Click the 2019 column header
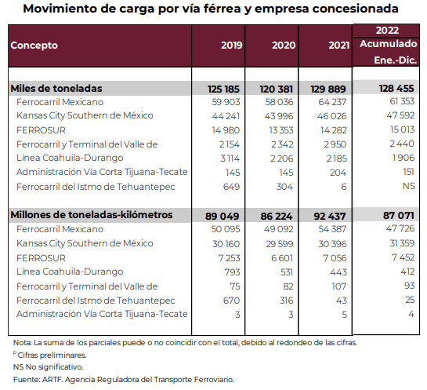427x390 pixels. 231,46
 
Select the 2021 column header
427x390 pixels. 338,46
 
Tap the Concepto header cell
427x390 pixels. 34,46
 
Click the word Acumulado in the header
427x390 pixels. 389,44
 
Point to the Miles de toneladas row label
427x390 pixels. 56,89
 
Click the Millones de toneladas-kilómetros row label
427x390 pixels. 92,215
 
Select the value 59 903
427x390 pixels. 226,102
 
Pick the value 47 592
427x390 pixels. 400,115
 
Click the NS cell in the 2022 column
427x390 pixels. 409,186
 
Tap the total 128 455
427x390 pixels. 396,89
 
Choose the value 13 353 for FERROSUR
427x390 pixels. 281,130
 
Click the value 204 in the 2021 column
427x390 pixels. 338,173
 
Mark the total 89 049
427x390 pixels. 223,216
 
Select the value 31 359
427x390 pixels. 402,243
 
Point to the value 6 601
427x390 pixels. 282,258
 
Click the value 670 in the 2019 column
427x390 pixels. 231,301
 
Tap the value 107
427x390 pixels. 339,286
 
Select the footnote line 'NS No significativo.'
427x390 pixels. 49,367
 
